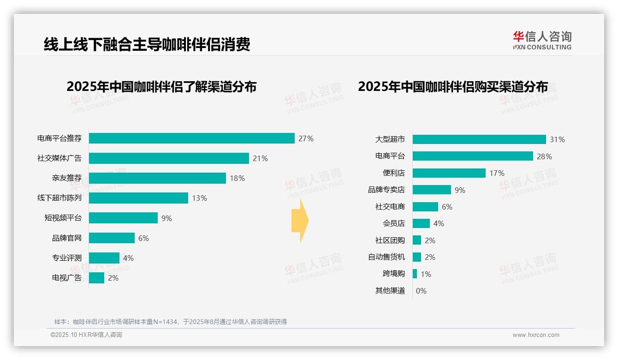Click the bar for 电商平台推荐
pos(191,138)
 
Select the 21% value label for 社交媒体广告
pos(260,158)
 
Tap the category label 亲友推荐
pos(66,178)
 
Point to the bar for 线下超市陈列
pos(138,198)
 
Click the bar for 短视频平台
pos(123,218)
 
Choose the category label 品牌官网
pos(66,238)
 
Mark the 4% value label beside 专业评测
pos(128,258)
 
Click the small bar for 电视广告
pos(96,278)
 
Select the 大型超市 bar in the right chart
pos(479,139)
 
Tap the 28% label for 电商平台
pos(544,156)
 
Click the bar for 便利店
pos(449,173)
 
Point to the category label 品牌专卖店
pos(386,190)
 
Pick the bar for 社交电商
pos(425,207)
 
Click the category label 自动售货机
pos(386,257)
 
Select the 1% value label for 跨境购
pos(426,274)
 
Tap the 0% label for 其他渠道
pos(421,291)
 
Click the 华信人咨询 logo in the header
pos(542,40)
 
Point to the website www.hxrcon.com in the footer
pos(535,335)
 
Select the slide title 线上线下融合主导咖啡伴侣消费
pos(147,45)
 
